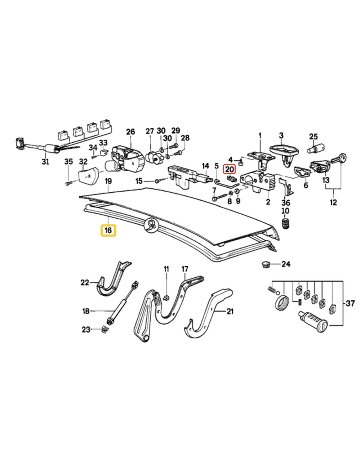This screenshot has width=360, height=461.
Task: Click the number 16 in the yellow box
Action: pos(108,230)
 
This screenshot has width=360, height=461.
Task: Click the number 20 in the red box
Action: pos(229,169)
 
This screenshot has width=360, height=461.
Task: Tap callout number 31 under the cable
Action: pos(45,162)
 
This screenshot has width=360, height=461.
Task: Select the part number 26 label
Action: pos(130,131)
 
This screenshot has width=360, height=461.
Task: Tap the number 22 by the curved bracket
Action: pos(85,283)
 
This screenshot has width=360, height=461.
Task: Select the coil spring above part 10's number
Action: pos(285,223)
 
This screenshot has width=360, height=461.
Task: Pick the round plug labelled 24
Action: pos(266,263)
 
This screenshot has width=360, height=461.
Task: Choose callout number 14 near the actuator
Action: pos(206,166)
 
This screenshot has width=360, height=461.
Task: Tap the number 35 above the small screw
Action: pos(68,161)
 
